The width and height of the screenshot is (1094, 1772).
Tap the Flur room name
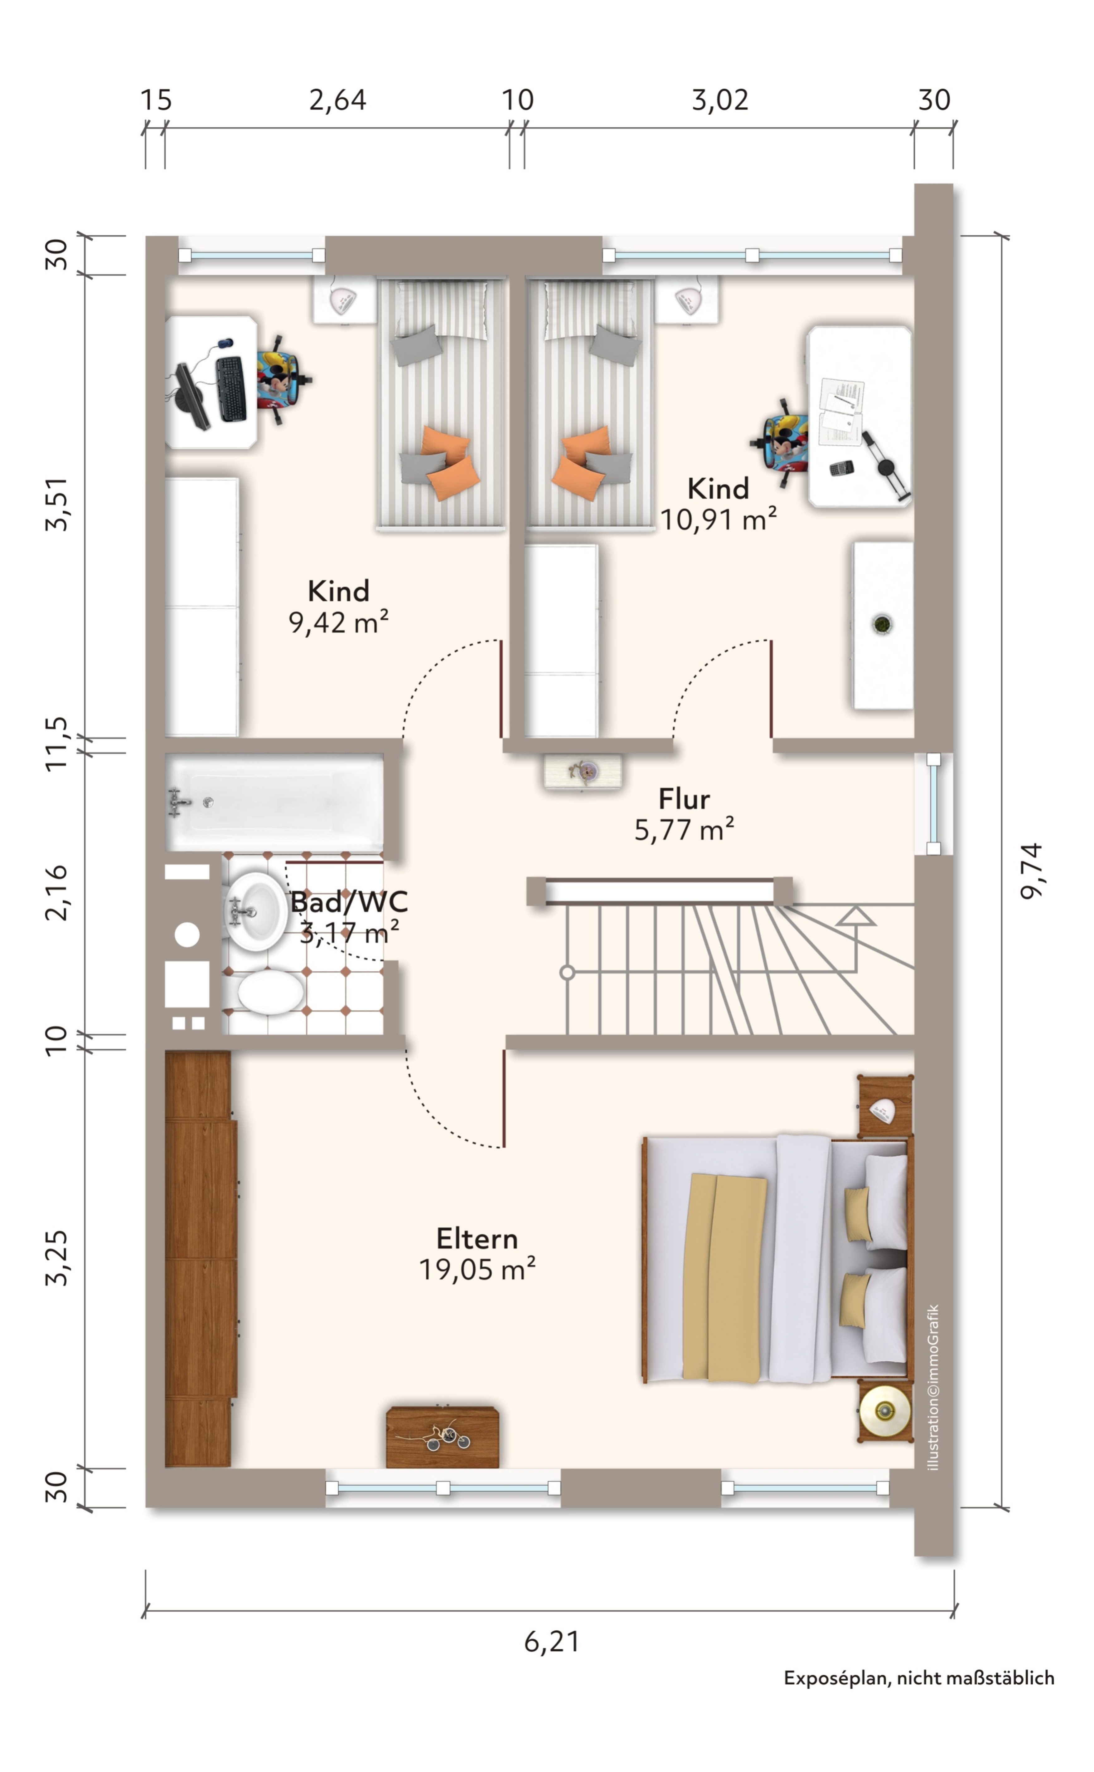click(x=684, y=799)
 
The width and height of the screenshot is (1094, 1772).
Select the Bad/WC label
click(x=349, y=902)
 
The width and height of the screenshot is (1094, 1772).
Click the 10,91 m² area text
click(x=719, y=519)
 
